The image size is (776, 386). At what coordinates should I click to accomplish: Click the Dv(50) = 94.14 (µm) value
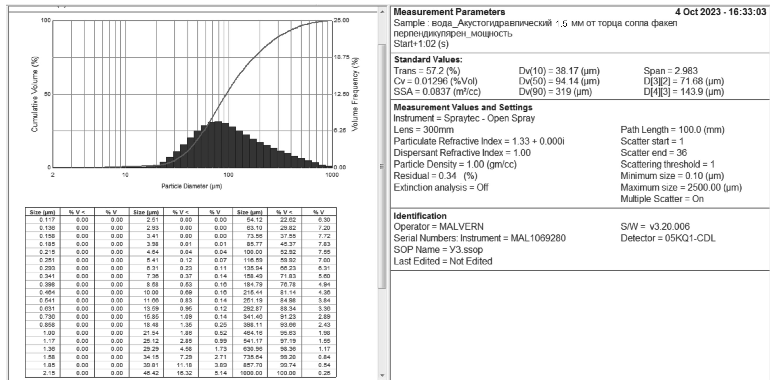[x=559, y=81]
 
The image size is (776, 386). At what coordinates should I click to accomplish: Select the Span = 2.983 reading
[x=670, y=71]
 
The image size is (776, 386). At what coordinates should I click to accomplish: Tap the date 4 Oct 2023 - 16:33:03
[x=720, y=12]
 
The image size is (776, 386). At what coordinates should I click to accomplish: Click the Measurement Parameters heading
[x=449, y=12]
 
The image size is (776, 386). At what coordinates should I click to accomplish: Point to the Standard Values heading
[x=428, y=59]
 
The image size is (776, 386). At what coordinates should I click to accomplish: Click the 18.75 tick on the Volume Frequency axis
[x=341, y=57]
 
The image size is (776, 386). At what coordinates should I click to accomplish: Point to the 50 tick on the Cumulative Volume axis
[x=47, y=94]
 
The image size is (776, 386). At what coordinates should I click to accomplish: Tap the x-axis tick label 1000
[x=332, y=175]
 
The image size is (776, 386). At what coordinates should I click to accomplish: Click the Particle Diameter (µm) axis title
[x=192, y=186]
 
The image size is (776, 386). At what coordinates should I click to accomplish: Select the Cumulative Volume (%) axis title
[x=35, y=94]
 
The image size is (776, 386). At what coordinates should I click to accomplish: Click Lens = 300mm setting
[x=423, y=130]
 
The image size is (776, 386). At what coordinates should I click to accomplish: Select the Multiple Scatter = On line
[x=662, y=199]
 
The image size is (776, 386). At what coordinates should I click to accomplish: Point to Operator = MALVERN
[x=438, y=226]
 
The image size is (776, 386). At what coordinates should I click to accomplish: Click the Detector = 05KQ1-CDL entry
[x=668, y=238]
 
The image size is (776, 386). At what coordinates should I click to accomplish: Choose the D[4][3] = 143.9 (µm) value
[x=684, y=92]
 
